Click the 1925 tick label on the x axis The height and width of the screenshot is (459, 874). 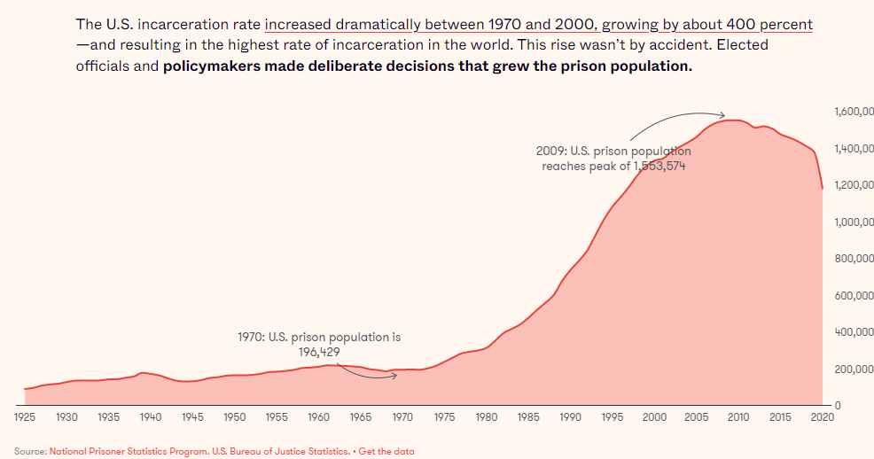point(24,416)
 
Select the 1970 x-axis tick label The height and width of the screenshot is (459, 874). point(402,416)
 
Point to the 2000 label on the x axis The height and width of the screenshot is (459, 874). point(654,416)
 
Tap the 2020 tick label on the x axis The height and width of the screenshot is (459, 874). point(822,416)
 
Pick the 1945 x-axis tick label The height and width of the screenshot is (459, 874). point(192,416)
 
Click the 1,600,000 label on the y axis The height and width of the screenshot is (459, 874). point(853,112)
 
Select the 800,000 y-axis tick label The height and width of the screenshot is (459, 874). point(853,259)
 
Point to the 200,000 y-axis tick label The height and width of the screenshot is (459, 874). point(853,369)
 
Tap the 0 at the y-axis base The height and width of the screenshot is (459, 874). point(836,406)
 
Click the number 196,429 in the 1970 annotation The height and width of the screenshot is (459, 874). point(319,352)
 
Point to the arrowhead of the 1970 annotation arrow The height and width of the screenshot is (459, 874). point(394,376)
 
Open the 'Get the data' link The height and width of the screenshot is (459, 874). point(386,451)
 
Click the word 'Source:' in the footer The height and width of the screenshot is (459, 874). point(30,451)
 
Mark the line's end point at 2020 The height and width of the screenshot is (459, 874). point(823,188)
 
